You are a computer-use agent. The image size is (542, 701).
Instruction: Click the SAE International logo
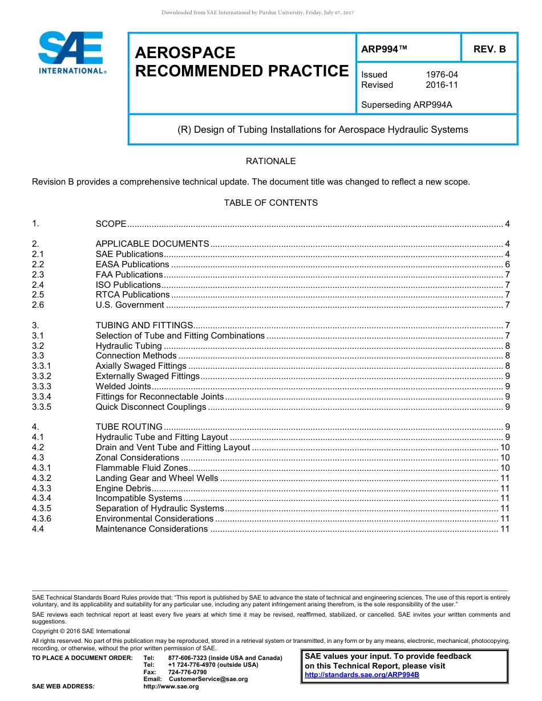[71, 52]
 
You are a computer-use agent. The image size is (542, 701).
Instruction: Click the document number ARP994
[384, 50]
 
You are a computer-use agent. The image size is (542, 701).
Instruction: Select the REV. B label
[490, 50]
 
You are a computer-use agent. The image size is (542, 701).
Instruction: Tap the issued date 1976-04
[442, 75]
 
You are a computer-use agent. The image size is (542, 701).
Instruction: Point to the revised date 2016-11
[442, 85]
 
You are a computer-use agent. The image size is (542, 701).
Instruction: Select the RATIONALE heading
[270, 161]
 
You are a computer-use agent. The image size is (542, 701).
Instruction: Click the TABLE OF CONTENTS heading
[270, 203]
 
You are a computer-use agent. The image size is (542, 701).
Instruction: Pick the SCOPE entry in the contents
[111, 224]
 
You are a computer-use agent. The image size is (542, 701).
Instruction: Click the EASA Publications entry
[132, 264]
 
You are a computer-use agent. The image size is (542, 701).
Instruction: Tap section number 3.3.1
[42, 366]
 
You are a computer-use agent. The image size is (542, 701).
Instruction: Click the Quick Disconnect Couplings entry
[151, 407]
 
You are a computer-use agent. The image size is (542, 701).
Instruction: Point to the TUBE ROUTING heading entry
[129, 427]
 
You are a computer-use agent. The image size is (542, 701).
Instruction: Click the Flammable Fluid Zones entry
[141, 468]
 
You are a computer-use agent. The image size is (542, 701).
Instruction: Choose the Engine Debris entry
[123, 488]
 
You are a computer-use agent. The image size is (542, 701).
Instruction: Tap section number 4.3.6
[42, 519]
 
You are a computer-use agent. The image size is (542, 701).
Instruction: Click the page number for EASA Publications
[507, 264]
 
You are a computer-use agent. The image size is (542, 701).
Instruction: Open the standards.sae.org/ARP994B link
[362, 675]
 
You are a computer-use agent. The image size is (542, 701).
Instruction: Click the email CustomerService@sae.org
[208, 679]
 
